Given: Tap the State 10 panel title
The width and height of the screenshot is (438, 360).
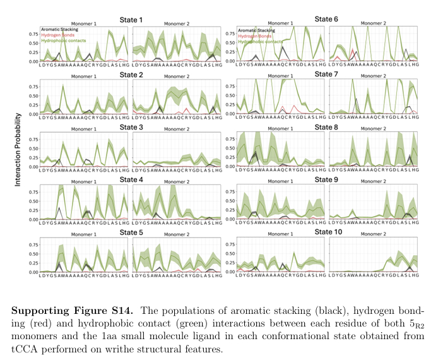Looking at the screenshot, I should pyautogui.click(x=326, y=232).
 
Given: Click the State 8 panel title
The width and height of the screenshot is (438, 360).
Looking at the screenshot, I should pyautogui.click(x=326, y=126).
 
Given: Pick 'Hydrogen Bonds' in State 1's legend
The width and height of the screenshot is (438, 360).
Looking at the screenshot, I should pyautogui.click(x=55, y=35).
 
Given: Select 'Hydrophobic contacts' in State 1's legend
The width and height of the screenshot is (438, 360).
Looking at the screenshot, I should pyautogui.click(x=61, y=40).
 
